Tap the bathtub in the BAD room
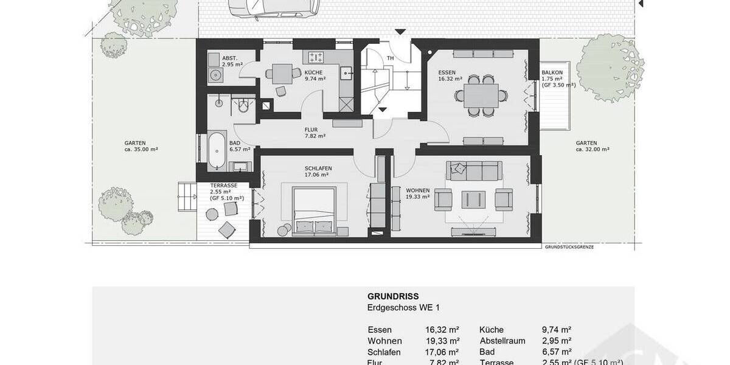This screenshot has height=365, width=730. (216, 150)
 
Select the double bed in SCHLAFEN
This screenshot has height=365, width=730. (314, 210)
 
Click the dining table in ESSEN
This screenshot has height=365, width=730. (481, 95)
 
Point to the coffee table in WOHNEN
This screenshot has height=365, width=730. (473, 199)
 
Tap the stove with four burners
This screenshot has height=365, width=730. (316, 58)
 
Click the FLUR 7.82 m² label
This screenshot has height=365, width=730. (311, 133)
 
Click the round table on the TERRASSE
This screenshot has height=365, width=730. (213, 214)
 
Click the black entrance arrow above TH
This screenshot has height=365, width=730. (400, 32)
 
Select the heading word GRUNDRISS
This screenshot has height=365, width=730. (393, 297)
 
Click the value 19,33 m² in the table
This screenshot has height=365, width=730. (442, 341)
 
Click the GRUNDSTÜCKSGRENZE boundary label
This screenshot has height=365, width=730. (569, 247)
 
